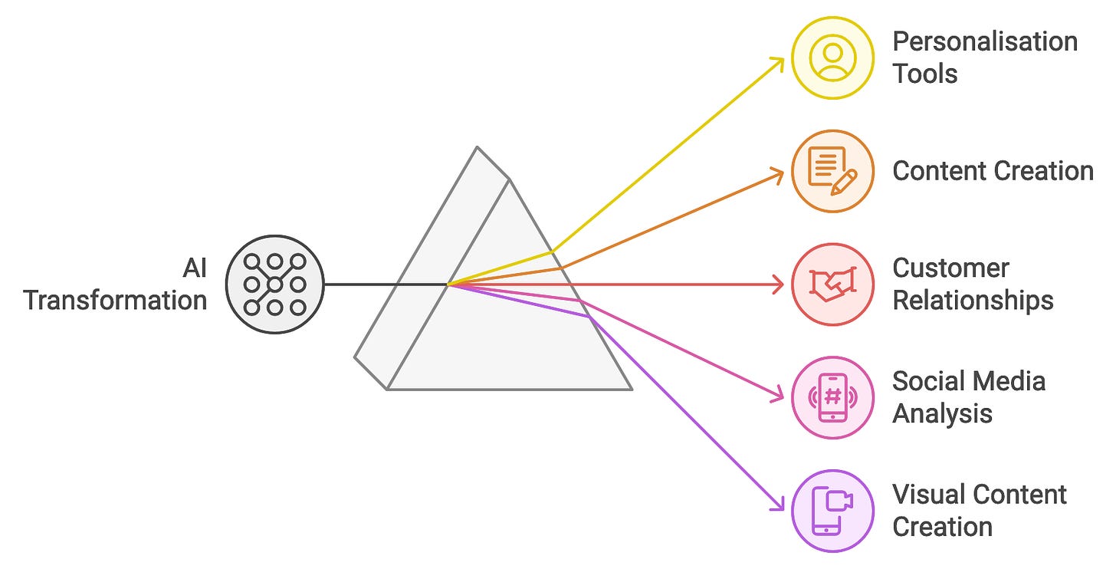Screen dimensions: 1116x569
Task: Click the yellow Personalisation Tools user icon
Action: (x=832, y=58)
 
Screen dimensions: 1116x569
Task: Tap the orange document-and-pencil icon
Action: (x=832, y=171)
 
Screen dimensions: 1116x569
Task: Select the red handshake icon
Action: (x=832, y=284)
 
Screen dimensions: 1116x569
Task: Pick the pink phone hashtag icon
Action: (x=832, y=397)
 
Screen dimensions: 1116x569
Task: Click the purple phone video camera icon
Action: (x=832, y=510)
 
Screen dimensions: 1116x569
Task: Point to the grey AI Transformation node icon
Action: (x=275, y=284)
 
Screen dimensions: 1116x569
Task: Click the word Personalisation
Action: (x=985, y=41)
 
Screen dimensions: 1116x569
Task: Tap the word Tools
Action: (x=925, y=74)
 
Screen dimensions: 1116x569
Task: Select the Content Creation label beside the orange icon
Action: (x=993, y=171)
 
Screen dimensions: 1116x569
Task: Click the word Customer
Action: (x=950, y=268)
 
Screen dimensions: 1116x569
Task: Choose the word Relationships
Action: (x=973, y=301)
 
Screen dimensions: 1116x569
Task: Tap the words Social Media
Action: (x=969, y=381)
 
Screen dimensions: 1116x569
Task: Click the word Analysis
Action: (x=942, y=414)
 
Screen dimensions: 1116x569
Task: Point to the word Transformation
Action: (x=115, y=301)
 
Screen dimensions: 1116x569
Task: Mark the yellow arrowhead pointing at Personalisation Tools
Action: (x=780, y=61)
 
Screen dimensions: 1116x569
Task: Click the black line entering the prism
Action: (x=383, y=284)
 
